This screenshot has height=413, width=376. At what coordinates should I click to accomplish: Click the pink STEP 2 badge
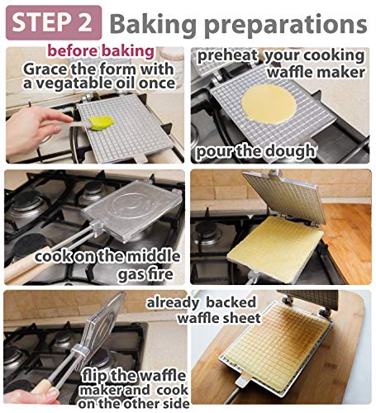(54, 22)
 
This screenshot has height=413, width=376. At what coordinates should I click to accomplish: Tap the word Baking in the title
(153, 25)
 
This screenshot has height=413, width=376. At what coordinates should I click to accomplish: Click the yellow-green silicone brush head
(101, 123)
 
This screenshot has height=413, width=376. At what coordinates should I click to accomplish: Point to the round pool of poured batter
(269, 104)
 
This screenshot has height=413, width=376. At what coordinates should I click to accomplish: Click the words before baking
(101, 51)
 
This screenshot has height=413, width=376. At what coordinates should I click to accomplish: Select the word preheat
(228, 56)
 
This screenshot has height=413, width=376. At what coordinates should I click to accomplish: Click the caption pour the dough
(255, 152)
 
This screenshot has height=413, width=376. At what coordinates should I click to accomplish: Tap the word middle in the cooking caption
(155, 256)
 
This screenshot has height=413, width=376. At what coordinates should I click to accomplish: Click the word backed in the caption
(231, 302)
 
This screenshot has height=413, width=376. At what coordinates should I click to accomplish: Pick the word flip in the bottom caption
(93, 376)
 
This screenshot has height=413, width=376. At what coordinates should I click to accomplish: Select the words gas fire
(145, 274)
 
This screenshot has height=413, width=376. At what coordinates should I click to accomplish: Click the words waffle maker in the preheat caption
(317, 73)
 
